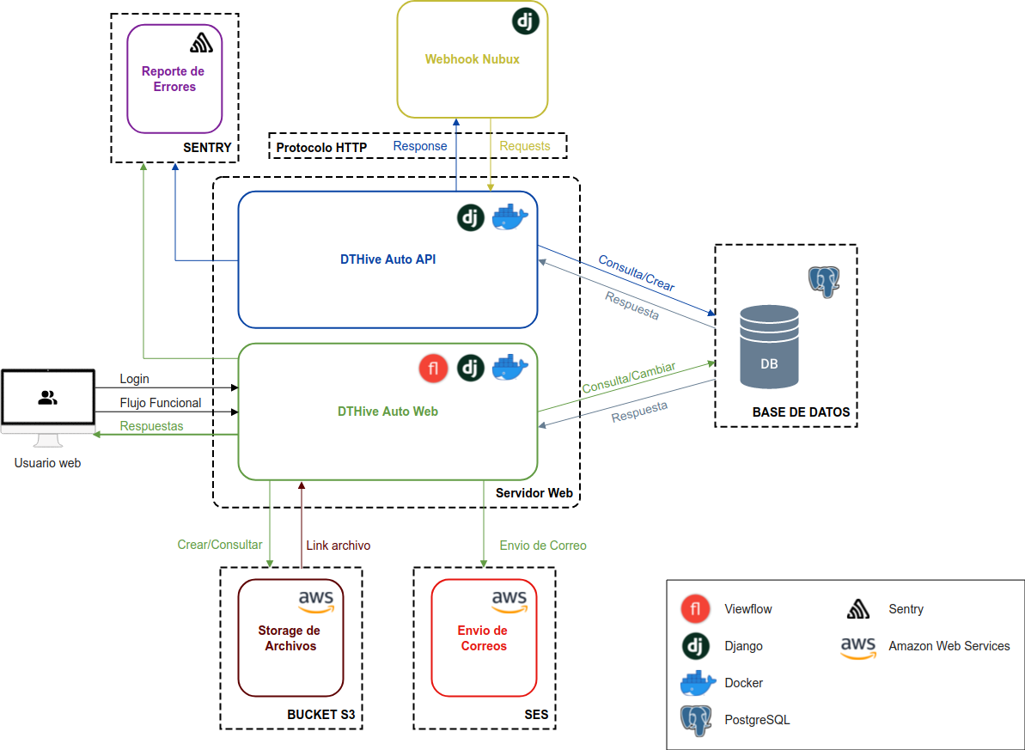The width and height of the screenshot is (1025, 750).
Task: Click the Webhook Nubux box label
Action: (472, 59)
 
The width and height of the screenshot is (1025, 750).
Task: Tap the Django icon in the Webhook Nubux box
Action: (525, 21)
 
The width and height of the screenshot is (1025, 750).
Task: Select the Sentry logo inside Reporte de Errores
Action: (201, 42)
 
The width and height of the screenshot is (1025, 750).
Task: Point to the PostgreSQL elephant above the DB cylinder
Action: (823, 281)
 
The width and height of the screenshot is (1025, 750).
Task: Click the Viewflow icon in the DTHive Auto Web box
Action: (434, 369)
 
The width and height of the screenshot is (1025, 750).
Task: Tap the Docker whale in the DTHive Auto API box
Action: (509, 218)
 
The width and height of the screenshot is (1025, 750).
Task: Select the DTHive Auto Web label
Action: (387, 412)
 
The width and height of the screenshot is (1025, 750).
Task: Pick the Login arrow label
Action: (134, 379)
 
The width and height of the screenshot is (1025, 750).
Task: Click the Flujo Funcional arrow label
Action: (160, 403)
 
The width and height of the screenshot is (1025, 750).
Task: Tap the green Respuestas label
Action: (151, 426)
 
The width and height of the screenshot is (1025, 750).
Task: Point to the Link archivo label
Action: (338, 546)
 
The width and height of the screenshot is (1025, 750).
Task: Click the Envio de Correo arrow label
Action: (543, 546)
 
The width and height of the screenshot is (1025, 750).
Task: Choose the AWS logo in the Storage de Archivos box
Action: (316, 601)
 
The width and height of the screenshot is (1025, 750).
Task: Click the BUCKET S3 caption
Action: (320, 715)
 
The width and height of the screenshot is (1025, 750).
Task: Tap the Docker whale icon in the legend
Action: (698, 683)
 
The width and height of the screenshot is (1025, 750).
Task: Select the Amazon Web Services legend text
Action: (949, 646)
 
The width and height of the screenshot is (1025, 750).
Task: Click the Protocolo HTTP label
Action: (321, 148)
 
